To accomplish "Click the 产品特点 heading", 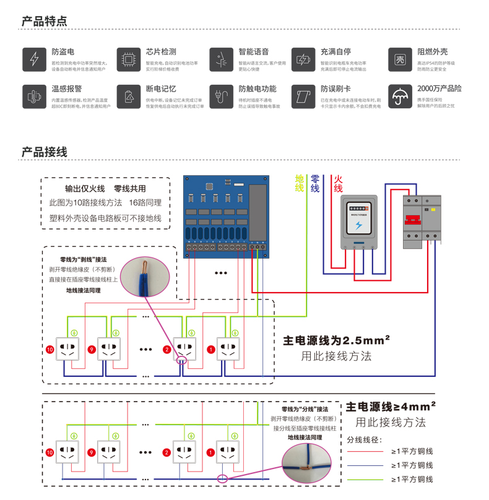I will coord(44,21).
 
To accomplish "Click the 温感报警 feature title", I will coord(66,89).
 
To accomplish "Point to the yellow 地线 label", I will coord(300,183).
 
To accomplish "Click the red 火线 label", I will coord(338,183).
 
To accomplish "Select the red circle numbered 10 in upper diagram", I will coord(51,349).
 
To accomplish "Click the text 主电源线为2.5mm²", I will coord(336,340).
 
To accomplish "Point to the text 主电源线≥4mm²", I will coord(391,407).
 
